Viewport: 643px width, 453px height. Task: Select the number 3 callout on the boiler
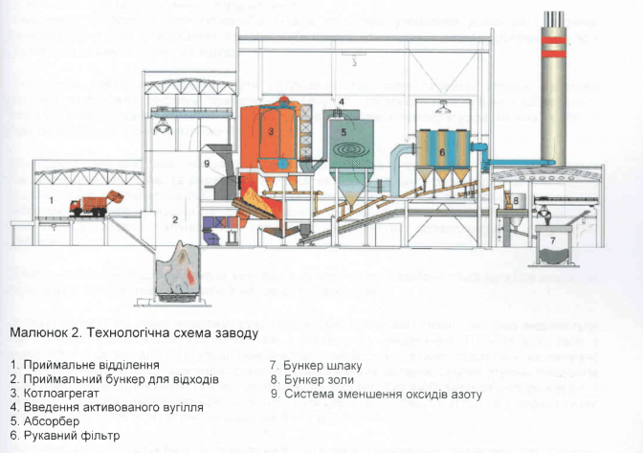271,130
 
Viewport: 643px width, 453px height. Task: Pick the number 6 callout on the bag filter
442,150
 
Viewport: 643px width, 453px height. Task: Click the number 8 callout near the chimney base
514,199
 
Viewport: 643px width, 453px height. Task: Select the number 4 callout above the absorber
340,101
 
